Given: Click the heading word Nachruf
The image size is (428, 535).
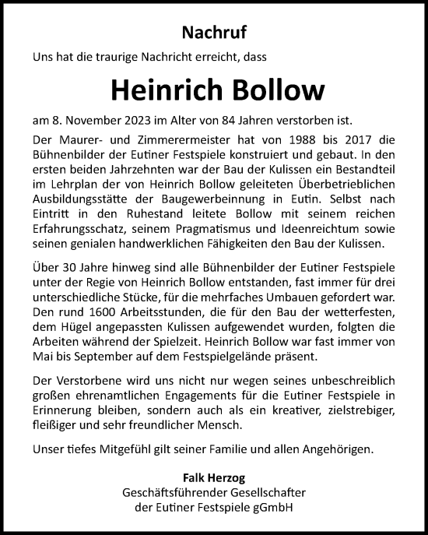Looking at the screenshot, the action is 214,33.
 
